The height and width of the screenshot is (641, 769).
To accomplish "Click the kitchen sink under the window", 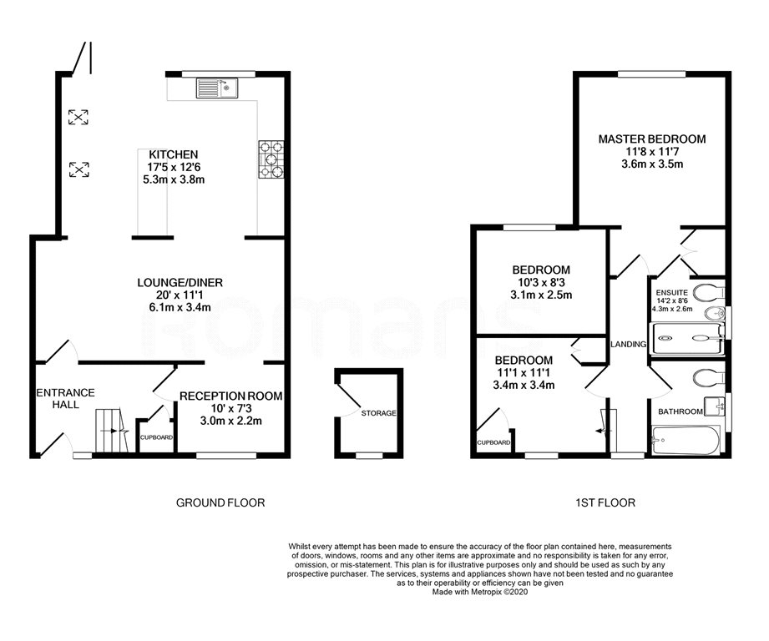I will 217,86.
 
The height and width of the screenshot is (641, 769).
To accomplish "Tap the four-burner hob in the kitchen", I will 272,158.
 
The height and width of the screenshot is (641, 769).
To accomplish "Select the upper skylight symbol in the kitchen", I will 78,117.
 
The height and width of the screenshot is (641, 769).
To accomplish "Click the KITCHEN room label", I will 174,154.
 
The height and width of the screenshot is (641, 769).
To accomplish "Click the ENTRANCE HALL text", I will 65,398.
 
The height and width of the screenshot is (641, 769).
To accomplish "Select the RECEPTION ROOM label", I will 230,396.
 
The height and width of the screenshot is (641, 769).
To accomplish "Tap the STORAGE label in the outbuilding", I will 378,413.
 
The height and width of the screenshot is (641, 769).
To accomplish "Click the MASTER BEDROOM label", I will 651,139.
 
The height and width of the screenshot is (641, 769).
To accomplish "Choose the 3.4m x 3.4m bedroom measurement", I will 524,385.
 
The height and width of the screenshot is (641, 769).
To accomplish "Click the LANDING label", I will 628,344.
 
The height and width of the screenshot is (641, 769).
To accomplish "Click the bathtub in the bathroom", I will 685,439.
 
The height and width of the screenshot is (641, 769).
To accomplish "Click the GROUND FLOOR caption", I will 220,502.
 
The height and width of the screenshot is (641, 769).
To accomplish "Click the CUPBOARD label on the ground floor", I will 156,437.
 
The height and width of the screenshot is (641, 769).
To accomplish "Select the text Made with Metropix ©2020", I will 481,592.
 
